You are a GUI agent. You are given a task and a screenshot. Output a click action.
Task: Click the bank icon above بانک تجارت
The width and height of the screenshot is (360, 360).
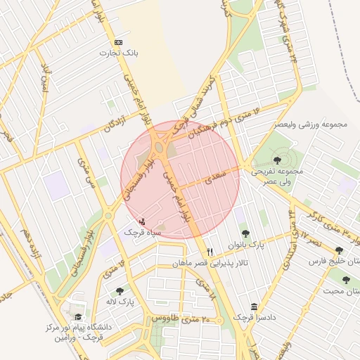coord(118,42)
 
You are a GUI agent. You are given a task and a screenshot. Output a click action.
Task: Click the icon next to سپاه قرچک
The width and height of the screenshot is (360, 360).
coord(143,221)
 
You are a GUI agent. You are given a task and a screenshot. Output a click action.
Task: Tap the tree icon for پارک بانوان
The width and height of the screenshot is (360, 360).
coord(245,234)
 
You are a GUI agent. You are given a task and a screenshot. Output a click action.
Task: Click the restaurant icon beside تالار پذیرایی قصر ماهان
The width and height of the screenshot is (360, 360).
coord(210,252)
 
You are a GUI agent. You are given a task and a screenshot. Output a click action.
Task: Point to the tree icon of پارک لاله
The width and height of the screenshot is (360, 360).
coord(120,290)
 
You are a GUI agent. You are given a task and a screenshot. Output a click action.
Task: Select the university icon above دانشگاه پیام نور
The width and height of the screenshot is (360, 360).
coord(77,318)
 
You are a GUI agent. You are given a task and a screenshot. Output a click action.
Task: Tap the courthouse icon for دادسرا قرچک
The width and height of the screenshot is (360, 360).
coord(254,307)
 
